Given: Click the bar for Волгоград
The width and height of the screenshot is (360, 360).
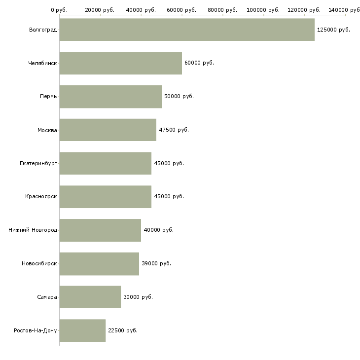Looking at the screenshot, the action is [187, 30].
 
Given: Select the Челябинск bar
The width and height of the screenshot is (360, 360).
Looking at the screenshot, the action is [120, 63].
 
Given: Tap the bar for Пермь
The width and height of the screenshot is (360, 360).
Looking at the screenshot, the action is [110, 97].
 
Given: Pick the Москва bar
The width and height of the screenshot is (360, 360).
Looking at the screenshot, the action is [108, 130].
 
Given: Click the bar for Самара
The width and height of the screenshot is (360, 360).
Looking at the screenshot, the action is [90, 297].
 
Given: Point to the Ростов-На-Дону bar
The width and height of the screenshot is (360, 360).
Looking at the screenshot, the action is [82, 330].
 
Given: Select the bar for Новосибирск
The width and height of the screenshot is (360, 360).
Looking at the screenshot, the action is [99, 264].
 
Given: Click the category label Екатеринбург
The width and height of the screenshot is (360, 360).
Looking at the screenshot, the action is [38, 163].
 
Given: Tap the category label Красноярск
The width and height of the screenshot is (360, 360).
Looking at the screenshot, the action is [41, 197].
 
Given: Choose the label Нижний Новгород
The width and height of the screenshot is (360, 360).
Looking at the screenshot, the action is [33, 230].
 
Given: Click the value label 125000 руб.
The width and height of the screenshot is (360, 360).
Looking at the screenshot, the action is [333, 30].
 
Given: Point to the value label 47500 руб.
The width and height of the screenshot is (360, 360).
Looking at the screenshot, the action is [174, 130].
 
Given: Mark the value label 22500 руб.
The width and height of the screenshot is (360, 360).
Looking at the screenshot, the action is [123, 330].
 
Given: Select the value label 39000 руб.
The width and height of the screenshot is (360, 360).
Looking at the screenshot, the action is [156, 263].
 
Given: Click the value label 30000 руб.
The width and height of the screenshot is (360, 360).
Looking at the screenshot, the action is [138, 297].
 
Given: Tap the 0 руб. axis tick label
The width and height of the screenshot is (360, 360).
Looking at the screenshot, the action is [59, 10].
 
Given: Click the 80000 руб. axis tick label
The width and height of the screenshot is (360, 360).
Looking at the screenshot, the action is [222, 10].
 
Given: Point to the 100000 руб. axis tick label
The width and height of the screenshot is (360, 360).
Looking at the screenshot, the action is [263, 10].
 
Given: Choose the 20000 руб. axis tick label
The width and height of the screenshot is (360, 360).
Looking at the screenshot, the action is [100, 10].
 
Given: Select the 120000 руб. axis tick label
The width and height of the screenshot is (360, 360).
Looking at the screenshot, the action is [304, 10].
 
